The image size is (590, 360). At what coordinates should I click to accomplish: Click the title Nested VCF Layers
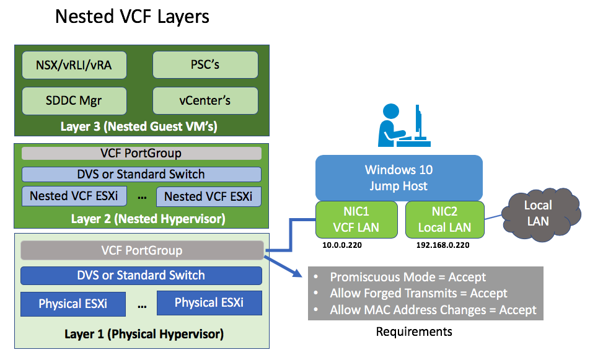[132, 16]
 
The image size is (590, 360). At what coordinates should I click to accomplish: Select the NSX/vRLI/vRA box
[74, 65]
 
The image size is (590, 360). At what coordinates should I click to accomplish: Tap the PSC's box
[205, 65]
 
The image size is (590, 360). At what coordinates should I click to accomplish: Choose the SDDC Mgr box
[74, 101]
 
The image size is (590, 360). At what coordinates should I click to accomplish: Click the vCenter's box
[205, 101]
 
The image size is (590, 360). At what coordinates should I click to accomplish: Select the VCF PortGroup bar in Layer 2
[141, 153]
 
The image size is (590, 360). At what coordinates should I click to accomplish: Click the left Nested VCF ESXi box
[74, 196]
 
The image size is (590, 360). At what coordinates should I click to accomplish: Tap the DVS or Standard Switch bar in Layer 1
[141, 276]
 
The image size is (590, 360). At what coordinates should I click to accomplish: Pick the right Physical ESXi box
[209, 303]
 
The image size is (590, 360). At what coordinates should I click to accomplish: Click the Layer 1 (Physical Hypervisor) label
[144, 334]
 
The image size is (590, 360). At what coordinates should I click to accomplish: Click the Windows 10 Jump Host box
[398, 178]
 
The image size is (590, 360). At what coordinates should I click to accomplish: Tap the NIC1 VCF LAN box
[356, 219]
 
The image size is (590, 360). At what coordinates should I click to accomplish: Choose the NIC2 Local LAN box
[444, 219]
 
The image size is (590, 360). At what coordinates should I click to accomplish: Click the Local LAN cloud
[537, 213]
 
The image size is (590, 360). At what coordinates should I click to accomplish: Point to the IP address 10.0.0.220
[341, 245]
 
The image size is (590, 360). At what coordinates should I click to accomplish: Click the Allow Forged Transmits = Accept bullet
[418, 293]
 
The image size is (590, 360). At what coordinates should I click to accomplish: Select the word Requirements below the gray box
[414, 331]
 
